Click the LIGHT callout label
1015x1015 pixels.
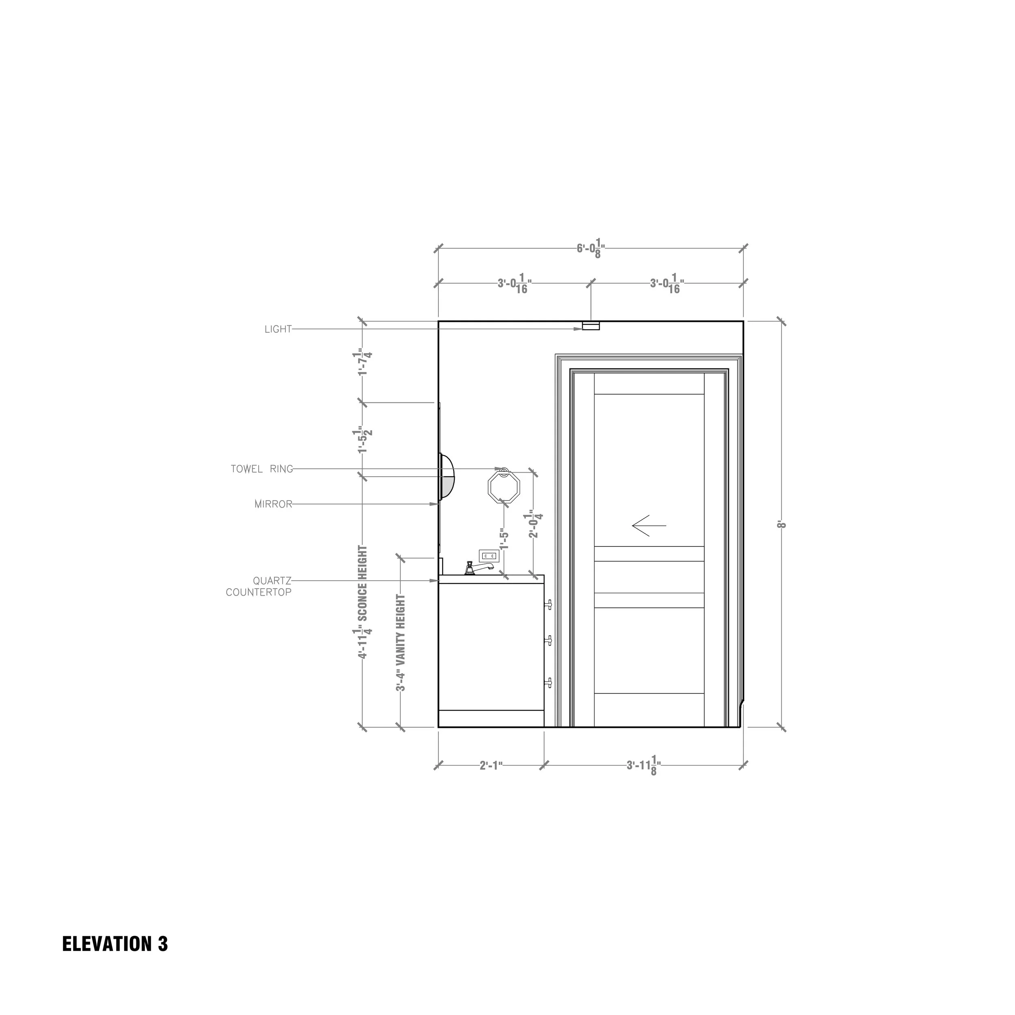coord(278,329)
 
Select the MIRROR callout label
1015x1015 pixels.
coord(273,504)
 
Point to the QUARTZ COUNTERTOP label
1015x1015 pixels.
coord(259,587)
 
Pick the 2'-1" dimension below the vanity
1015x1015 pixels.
coord(491,766)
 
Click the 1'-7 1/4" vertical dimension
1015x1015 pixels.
coord(363,362)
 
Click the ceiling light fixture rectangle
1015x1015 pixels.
coord(590,327)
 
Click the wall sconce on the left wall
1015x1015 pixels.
coord(447,477)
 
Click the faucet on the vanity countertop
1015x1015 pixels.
coord(477,568)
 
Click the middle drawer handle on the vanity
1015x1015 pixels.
coord(549,640)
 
